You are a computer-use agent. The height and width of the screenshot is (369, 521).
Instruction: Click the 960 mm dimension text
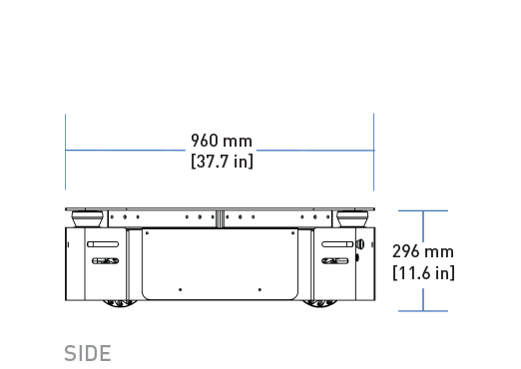tap(222, 141)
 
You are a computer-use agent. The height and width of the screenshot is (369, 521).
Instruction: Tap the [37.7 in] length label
tap(222, 162)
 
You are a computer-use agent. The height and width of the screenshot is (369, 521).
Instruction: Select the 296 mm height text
tap(423, 251)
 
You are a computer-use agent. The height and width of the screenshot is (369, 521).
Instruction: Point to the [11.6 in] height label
tap(423, 273)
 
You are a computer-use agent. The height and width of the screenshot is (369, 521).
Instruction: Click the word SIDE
tap(88, 353)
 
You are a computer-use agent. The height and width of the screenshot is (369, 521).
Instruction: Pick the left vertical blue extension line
tap(65, 152)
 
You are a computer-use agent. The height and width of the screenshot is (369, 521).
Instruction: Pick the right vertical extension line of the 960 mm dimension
tap(374, 152)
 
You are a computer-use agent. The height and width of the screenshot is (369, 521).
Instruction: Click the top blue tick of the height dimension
tap(423, 210)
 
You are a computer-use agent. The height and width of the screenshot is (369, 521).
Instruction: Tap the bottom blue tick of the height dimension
tap(423, 311)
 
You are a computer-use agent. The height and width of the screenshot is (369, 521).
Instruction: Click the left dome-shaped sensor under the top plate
tap(88, 218)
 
